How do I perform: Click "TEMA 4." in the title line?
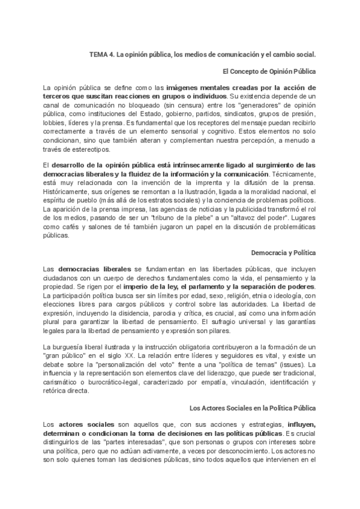(x=101, y=54)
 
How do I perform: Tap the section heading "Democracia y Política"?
(x=284, y=253)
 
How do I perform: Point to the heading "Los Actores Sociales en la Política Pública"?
(x=253, y=408)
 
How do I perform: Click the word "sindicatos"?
(x=230, y=116)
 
